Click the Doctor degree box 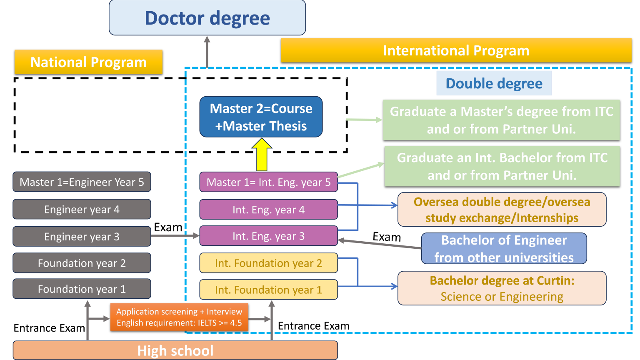207,18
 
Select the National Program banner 88,62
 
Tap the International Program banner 456,50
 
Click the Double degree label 494,83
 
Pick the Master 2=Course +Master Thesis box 261,117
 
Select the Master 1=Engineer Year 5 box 82,182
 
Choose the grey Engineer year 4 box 82,209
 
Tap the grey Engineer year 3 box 82,236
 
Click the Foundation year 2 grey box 82,263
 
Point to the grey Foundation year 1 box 82,289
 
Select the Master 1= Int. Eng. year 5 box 268,182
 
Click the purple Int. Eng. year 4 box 268,210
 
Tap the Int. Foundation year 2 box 268,263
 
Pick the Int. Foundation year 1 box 268,290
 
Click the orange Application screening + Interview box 179,317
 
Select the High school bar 175,350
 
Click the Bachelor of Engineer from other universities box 504,249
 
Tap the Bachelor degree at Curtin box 502,288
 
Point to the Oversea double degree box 502,210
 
